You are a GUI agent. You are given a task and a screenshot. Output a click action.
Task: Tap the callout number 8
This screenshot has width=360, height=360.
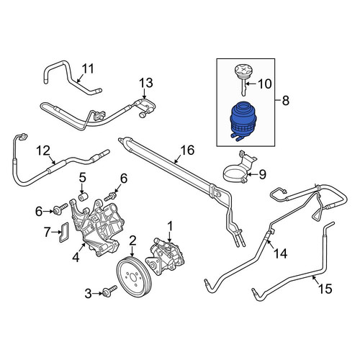286,100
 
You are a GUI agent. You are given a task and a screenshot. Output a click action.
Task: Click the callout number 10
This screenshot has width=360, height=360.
265,84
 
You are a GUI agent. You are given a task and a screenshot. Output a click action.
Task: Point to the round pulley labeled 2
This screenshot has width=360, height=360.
133,276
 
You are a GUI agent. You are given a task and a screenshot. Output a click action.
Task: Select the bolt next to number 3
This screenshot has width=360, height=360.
109,290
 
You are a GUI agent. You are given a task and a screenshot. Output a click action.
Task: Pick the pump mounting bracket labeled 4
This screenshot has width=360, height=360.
96,227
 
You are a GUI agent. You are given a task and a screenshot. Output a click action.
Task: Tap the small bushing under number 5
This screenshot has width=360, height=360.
83,197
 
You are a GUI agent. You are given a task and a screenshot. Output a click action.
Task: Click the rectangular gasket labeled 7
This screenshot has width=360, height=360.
63,233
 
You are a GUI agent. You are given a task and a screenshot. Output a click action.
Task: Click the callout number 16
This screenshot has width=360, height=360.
187,150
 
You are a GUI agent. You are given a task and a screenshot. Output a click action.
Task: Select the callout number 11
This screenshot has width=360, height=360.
87,69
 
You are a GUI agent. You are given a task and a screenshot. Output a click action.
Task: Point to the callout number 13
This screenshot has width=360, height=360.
146,83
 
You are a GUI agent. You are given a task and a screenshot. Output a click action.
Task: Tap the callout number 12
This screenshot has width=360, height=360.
43,150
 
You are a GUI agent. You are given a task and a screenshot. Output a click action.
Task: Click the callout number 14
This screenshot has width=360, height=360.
280,253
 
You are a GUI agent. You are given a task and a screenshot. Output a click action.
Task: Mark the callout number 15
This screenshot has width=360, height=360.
325,289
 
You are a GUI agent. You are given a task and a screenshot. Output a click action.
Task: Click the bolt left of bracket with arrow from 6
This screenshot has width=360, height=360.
61,209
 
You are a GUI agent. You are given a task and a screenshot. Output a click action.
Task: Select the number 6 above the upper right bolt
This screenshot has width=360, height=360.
124,179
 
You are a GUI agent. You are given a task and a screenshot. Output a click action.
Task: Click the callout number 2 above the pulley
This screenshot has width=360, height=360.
132,240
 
